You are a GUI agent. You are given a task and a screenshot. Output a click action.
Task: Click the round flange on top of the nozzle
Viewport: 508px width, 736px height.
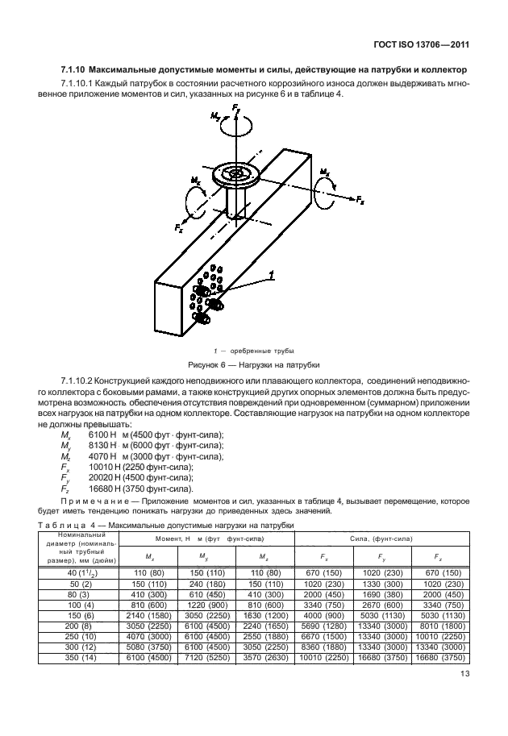point(235,175)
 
